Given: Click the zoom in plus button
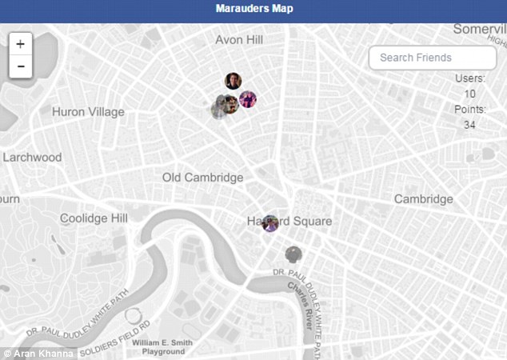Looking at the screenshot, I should [x=20, y=43].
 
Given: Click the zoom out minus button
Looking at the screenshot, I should [x=20, y=66].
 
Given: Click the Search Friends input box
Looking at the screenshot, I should [x=432, y=58].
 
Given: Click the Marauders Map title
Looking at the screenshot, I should [x=253, y=10].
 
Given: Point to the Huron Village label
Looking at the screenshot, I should [x=88, y=112].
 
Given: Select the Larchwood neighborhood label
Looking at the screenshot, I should [x=32, y=157].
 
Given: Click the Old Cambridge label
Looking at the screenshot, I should [x=202, y=177].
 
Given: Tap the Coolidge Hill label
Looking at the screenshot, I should [x=94, y=218].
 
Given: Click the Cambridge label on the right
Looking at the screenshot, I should [x=423, y=198].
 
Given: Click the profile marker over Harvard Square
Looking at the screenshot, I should [x=270, y=222].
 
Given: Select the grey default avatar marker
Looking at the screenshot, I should [x=294, y=254].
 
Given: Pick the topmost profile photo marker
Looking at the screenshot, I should [x=233, y=80].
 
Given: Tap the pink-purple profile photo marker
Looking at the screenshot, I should [x=248, y=99].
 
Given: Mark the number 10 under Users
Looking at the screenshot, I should [x=469, y=94].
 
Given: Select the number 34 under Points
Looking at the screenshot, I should [x=469, y=124].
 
